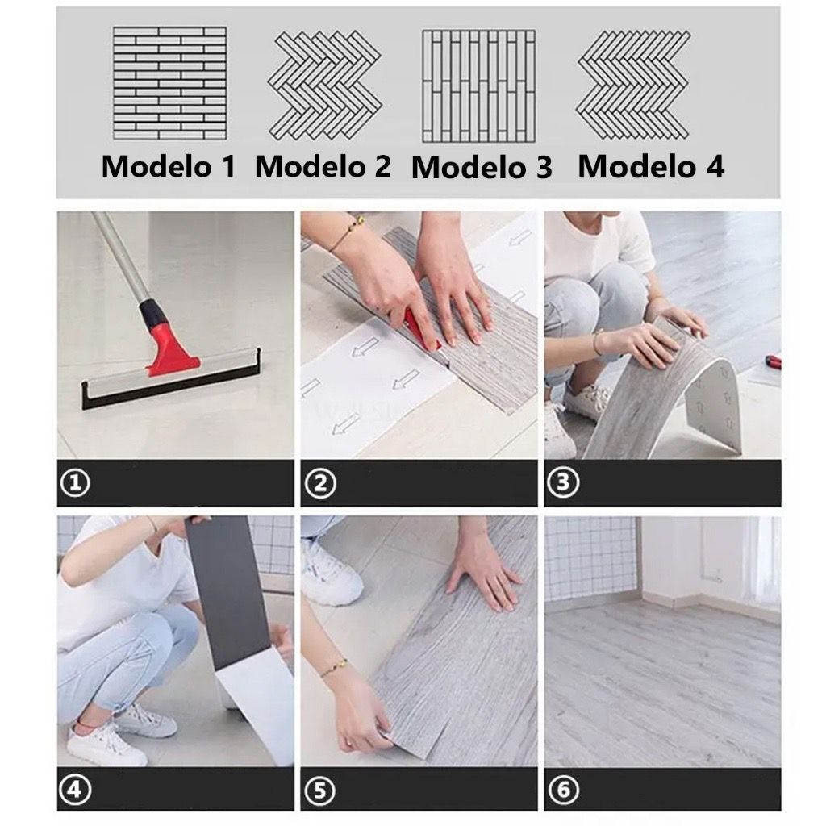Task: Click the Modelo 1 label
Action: [x=169, y=166]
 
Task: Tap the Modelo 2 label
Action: [x=323, y=166]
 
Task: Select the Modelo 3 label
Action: [x=482, y=168]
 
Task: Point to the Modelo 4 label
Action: [x=651, y=166]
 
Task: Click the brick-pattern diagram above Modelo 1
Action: [x=169, y=83]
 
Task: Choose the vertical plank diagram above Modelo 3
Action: [x=478, y=86]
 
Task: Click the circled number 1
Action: [x=75, y=482]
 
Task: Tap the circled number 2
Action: [x=319, y=482]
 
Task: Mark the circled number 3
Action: [x=563, y=482]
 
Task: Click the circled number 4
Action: [x=75, y=790]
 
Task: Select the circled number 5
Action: [x=319, y=791]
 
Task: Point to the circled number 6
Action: [x=563, y=790]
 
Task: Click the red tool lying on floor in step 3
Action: [x=773, y=362]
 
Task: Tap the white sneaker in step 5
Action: [x=331, y=574]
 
